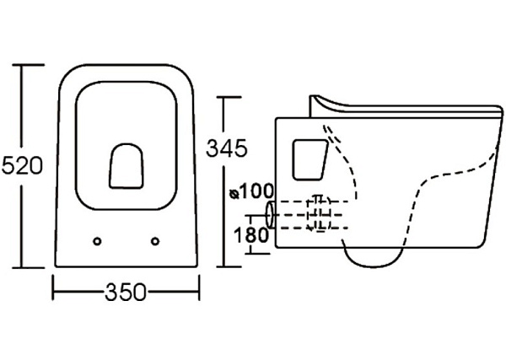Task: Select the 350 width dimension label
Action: pyautogui.click(x=125, y=293)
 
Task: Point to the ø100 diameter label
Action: pyautogui.click(x=247, y=191)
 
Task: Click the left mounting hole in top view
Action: pyautogui.click(x=98, y=241)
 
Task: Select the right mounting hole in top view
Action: pyautogui.click(x=155, y=241)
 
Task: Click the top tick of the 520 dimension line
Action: pyautogui.click(x=31, y=64)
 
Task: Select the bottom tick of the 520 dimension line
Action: pyautogui.click(x=31, y=268)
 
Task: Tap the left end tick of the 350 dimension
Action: pyautogui.click(x=54, y=293)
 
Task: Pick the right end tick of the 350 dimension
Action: pyautogui.click(x=199, y=293)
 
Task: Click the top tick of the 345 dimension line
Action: pyautogui.click(x=226, y=99)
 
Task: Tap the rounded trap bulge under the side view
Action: pyautogui.click(x=378, y=256)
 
